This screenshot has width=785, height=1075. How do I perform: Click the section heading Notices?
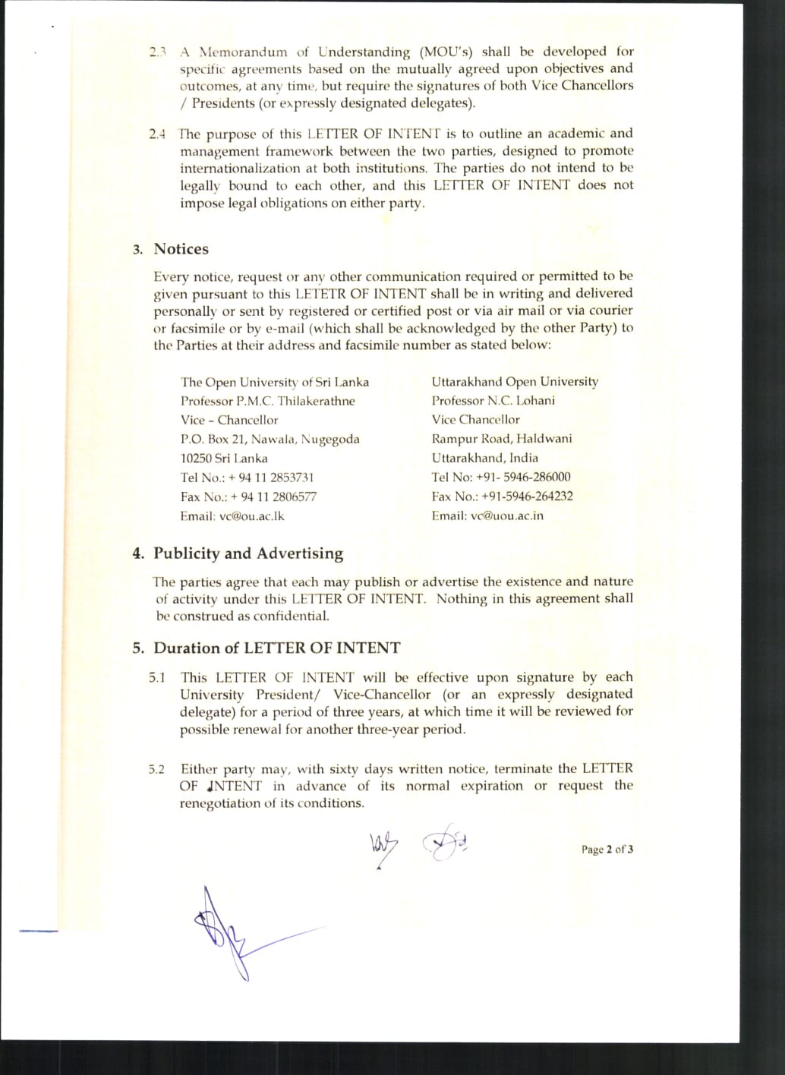click(181, 249)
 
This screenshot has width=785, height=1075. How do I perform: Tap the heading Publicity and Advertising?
click(248, 553)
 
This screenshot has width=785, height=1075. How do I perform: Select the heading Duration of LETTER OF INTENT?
click(276, 648)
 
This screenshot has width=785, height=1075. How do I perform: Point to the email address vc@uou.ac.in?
click(507, 515)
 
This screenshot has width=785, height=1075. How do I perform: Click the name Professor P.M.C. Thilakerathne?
click(267, 401)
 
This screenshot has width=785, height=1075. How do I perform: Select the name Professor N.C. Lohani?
click(493, 400)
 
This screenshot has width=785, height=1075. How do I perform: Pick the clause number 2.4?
click(157, 134)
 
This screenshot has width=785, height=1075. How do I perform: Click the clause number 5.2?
click(156, 770)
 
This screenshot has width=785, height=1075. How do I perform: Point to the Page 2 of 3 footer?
click(607, 850)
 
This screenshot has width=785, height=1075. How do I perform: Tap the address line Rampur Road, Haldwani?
click(502, 439)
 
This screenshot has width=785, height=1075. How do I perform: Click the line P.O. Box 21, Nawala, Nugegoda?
click(270, 440)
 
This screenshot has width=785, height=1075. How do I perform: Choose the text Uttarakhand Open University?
click(515, 381)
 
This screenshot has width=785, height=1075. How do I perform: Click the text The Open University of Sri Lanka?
click(274, 382)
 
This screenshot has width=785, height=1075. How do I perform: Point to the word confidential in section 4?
click(292, 616)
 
